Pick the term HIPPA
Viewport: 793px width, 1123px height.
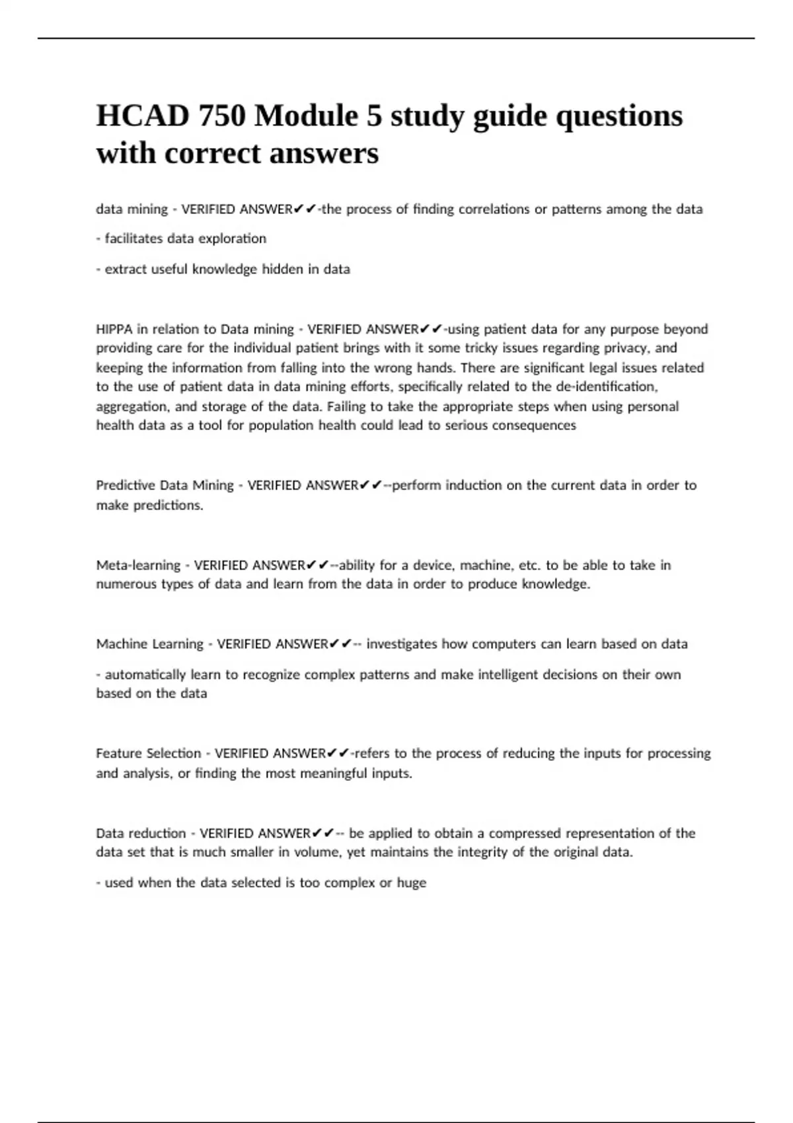point(114,329)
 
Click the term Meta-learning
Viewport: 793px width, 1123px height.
point(138,565)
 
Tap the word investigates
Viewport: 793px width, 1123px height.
point(402,644)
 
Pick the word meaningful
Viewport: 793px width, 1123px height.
point(332,773)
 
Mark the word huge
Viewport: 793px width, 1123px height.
point(411,883)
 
